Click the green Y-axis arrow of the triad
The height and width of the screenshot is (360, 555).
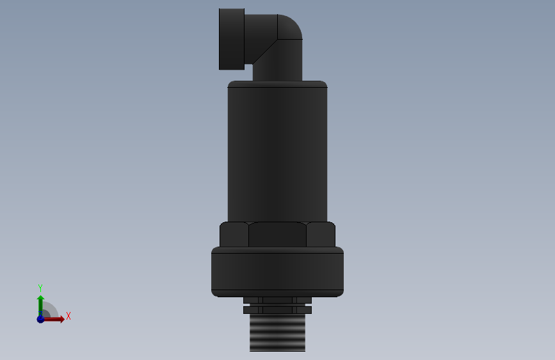pos(40,303)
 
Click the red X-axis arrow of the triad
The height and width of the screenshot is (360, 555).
pos(54,319)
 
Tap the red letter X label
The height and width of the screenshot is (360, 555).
pos(68,316)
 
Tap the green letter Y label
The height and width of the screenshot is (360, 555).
pos(40,288)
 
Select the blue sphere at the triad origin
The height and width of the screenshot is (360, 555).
pos(40,318)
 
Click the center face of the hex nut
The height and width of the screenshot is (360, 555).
pos(277,234)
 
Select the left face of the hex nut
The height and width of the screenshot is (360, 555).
pos(234,234)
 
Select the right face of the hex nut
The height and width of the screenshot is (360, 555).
pos(321,234)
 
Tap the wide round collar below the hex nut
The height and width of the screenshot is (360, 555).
pos(277,272)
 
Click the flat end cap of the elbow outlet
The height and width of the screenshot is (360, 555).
pos(231,39)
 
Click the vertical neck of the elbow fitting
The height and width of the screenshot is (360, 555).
pos(277,64)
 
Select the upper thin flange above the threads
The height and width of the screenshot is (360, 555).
pos(277,300)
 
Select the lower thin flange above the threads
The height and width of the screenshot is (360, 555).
pos(277,310)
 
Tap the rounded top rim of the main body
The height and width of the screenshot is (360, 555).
pos(277,84)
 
